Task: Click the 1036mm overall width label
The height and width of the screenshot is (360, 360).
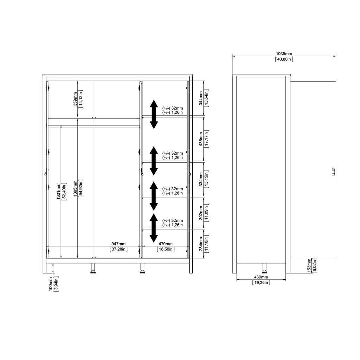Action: pos(284,54)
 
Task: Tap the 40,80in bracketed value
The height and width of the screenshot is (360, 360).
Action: pos(284,59)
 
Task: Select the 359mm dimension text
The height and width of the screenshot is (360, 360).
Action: pos(75,99)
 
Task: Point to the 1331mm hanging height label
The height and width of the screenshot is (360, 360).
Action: pos(58,191)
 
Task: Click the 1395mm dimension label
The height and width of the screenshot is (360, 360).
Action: pos(75,189)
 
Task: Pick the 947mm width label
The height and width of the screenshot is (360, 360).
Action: pos(118,244)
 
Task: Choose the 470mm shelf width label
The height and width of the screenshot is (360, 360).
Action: pos(166,244)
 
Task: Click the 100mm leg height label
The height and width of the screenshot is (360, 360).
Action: pos(51,283)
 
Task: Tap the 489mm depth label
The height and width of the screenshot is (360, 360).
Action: pos(261,277)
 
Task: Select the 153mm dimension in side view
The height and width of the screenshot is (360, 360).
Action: pos(309,265)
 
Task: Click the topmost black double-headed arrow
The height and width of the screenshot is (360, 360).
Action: pos(154,114)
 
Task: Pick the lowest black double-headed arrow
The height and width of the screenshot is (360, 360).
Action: pos(154,228)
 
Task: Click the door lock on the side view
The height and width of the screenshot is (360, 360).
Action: pos(333,171)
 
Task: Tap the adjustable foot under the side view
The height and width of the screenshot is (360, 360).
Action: pos(264,268)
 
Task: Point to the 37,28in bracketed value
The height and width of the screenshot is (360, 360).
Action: pos(118,249)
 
